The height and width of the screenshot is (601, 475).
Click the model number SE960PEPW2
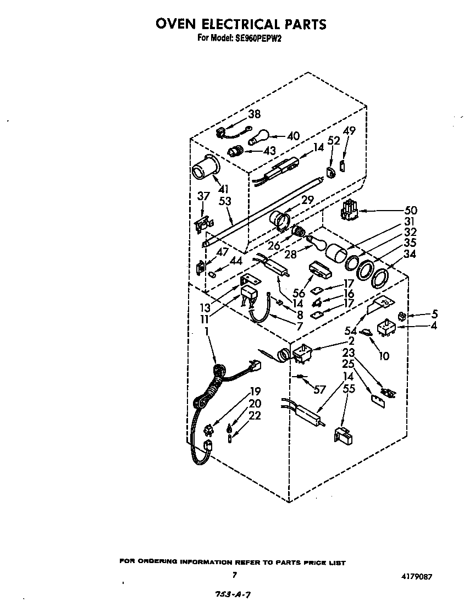(x=258, y=38)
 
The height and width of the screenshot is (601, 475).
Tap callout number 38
(x=254, y=114)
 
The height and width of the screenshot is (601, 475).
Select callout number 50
(x=410, y=210)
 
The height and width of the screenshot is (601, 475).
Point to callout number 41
(x=223, y=189)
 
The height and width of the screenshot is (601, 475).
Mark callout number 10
(x=384, y=356)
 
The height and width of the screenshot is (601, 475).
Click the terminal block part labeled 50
(x=349, y=211)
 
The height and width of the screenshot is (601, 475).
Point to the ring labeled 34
(x=380, y=278)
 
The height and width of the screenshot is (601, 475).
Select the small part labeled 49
(x=343, y=164)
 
